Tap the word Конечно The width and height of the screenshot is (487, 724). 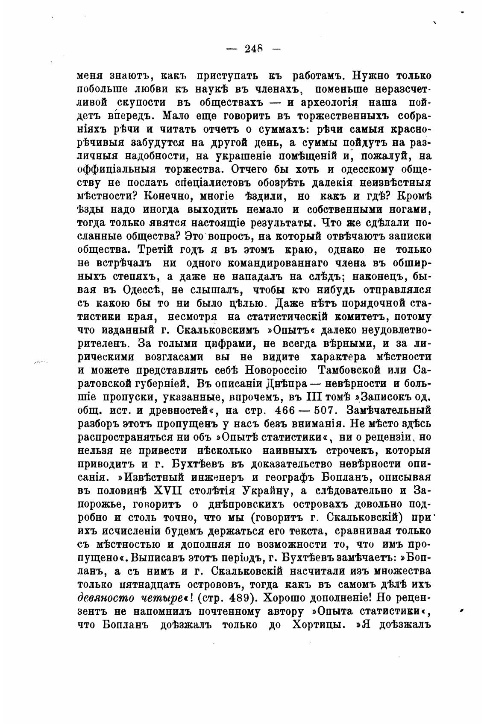[173, 196]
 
